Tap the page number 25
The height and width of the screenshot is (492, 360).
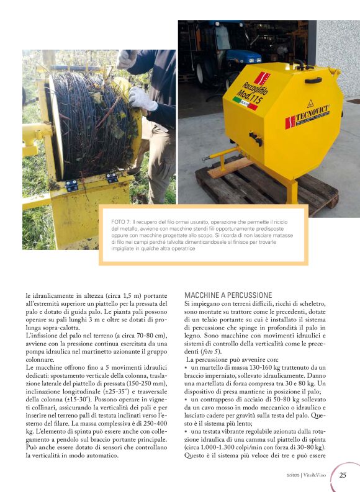point(343,475)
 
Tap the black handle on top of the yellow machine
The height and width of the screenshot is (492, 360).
point(313,79)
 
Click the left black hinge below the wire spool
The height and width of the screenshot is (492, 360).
point(72,184)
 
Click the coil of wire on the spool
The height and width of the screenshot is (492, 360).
point(87,124)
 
